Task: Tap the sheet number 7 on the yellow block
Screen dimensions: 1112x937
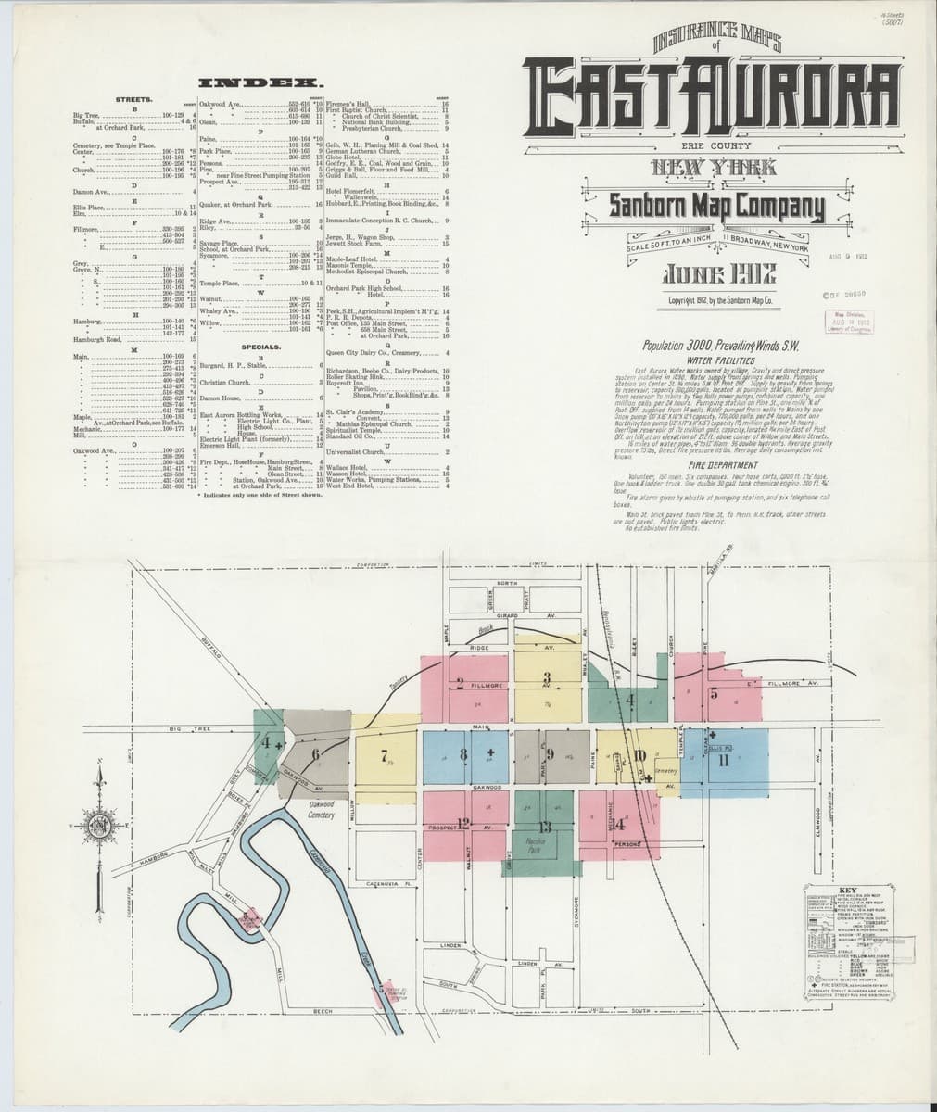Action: pyautogui.click(x=385, y=754)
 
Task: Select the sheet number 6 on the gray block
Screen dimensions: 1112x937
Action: pyautogui.click(x=316, y=754)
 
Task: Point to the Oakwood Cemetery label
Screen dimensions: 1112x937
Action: pyautogui.click(x=322, y=810)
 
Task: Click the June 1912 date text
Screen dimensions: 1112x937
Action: pyautogui.click(x=714, y=275)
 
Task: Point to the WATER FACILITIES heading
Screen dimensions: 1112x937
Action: pyautogui.click(x=713, y=360)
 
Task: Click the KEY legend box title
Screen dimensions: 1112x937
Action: pyautogui.click(x=850, y=887)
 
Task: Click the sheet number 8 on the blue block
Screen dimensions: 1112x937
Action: pyautogui.click(x=462, y=752)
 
